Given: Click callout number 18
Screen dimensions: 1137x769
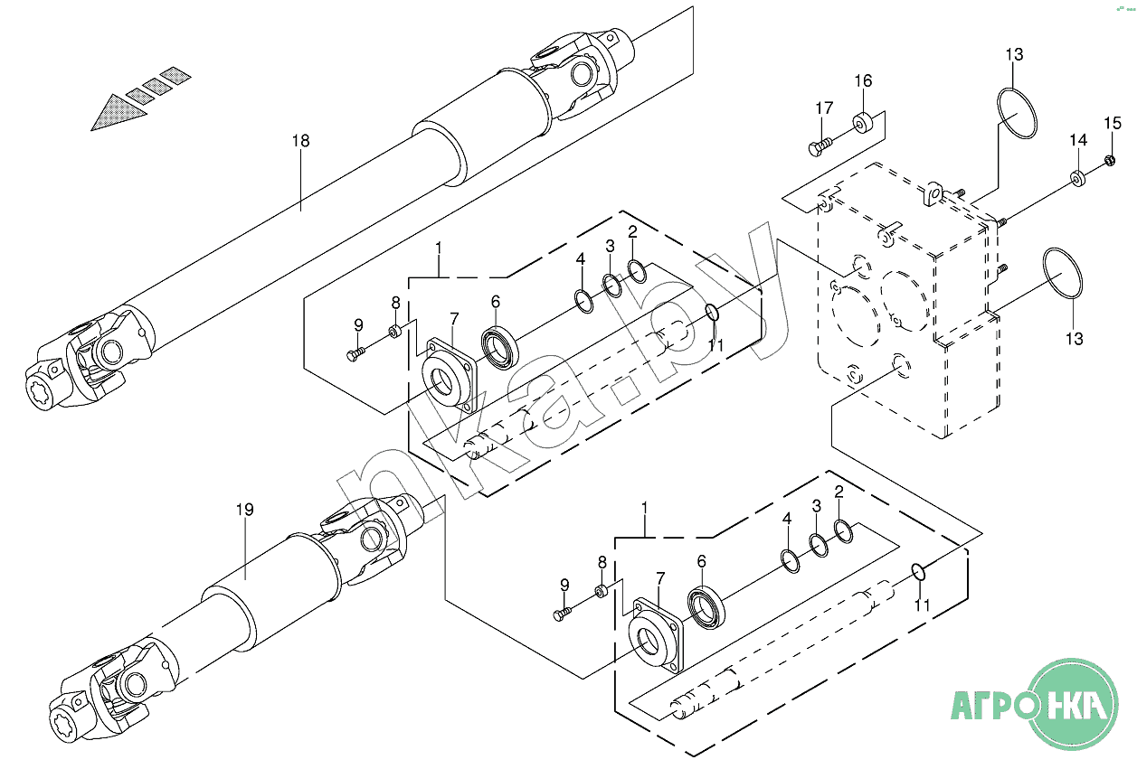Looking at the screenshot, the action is click(x=300, y=140).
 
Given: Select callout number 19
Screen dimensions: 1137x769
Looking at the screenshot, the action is click(x=244, y=510).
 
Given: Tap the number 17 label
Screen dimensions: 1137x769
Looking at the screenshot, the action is click(x=824, y=108).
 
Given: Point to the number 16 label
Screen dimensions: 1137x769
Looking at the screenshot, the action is click(x=863, y=80).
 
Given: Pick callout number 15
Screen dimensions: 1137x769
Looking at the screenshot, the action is click(x=1113, y=123).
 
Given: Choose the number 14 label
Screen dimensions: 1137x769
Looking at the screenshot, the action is click(x=1078, y=140).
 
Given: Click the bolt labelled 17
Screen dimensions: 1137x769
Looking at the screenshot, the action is click(x=820, y=147).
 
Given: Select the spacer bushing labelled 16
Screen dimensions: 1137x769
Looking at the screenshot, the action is click(x=862, y=123).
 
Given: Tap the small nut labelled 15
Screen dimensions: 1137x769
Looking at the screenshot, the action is click(x=1110, y=162).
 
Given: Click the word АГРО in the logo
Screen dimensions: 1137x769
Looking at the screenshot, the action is click(x=990, y=706).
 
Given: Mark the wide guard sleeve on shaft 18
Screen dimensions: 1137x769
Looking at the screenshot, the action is click(x=482, y=128).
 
